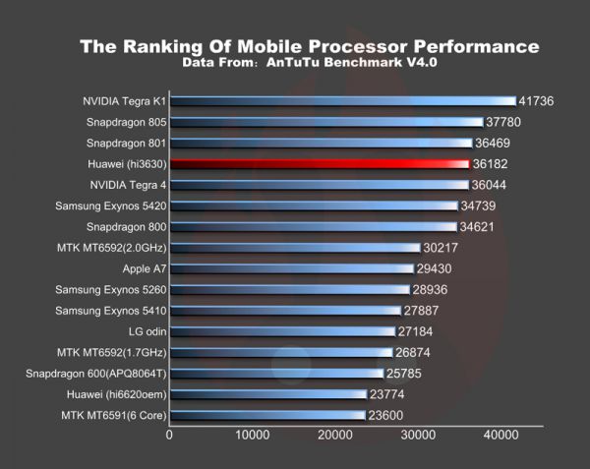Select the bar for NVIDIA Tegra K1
coord(341,100)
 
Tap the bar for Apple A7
coord(291,267)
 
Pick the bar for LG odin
coord(281,330)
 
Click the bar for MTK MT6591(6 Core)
coord(266,415)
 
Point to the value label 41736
coord(539,101)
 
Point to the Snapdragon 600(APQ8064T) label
coord(96,373)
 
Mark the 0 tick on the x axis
coord(170,434)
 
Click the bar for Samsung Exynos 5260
coord(289,289)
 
